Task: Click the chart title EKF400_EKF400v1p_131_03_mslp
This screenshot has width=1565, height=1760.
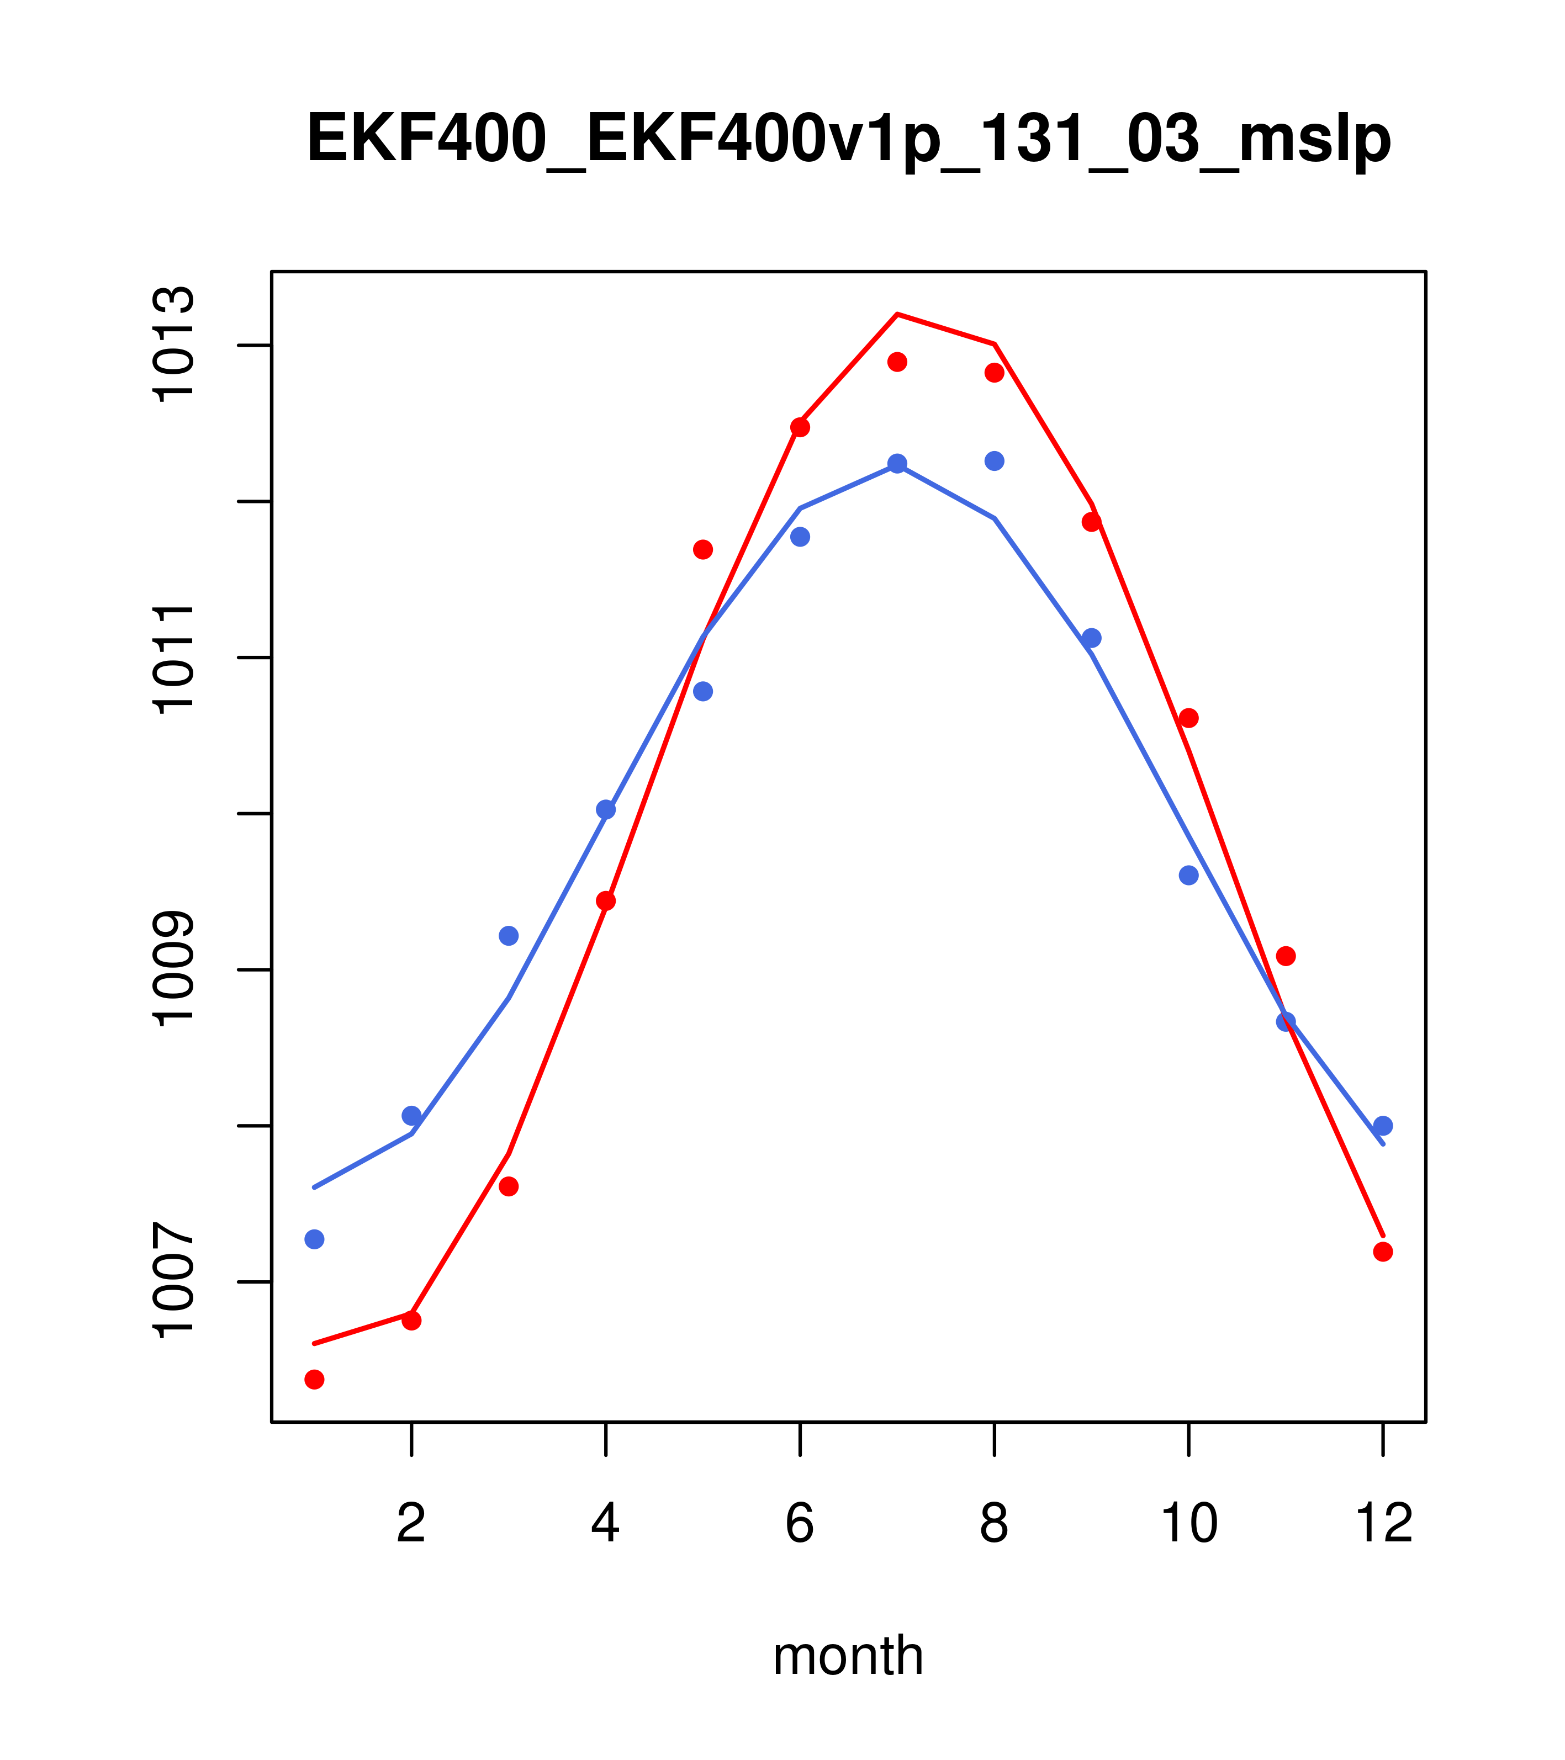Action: (x=848, y=139)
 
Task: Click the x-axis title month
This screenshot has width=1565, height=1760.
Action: (x=848, y=1656)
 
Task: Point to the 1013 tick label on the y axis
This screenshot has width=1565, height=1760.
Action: (x=173, y=345)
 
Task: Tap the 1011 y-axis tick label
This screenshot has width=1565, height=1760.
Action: (x=173, y=659)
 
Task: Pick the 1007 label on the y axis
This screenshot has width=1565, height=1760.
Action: (x=173, y=1282)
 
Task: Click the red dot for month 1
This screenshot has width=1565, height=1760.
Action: (x=314, y=1380)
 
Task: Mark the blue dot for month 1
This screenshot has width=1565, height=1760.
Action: (x=314, y=1239)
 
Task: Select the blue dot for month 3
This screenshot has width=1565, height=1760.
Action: (x=509, y=936)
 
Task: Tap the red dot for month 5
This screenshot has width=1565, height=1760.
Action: (x=703, y=549)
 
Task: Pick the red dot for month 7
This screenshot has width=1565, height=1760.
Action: (x=897, y=362)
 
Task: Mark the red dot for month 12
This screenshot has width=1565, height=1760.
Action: (x=1383, y=1251)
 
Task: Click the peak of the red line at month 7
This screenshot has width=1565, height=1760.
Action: (x=897, y=314)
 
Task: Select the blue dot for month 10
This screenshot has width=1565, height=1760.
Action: (x=1188, y=876)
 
